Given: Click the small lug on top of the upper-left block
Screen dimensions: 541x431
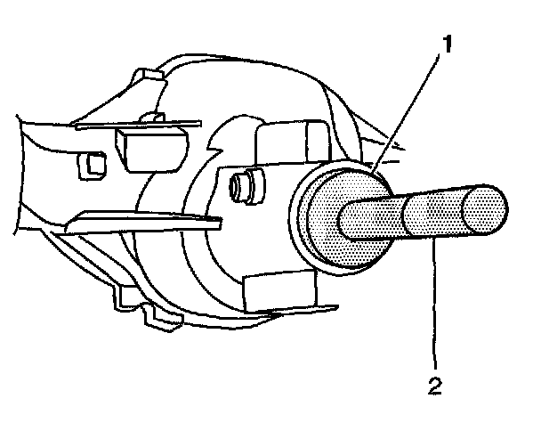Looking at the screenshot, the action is click(x=152, y=116).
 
